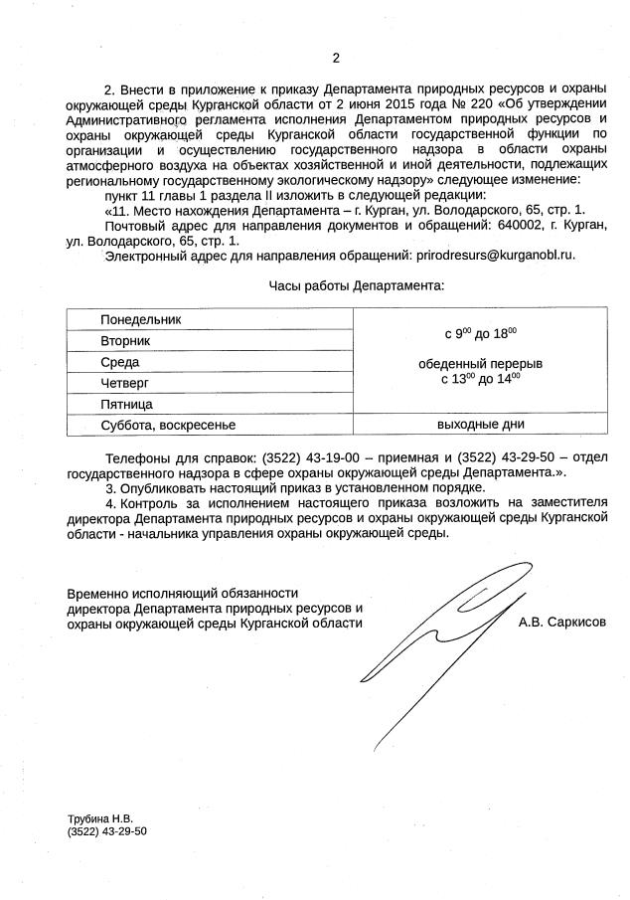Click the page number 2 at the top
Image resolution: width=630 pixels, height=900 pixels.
coord(335,57)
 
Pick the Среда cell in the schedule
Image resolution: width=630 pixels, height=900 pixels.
coord(120,362)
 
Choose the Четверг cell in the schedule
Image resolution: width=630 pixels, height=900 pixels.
coord(124,383)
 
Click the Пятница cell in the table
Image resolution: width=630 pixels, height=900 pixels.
coord(126,405)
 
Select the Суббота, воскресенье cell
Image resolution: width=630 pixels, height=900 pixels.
coord(168,426)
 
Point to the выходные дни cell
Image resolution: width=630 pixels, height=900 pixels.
coord(481,426)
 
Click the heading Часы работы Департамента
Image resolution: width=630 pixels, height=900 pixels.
coord(357,285)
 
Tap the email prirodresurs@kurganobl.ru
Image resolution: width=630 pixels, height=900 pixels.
coord(495,256)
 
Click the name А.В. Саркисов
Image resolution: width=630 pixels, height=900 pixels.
coord(561,623)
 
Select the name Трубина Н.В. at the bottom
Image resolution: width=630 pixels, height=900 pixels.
coord(99,817)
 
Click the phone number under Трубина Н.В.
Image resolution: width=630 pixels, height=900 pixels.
coord(106,830)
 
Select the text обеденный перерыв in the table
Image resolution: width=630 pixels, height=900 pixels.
coord(481,363)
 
